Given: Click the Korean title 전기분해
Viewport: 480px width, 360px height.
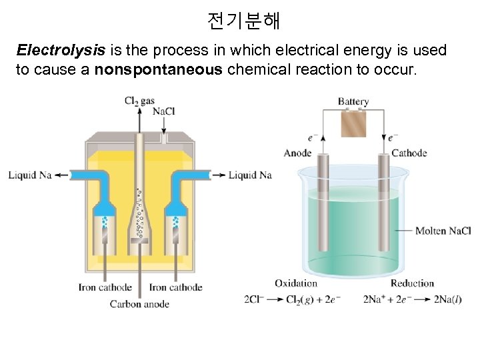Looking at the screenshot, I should click(243, 21).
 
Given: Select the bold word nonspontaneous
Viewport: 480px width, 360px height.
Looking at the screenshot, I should click(159, 70).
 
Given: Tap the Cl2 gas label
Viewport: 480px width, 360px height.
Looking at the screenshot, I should click(139, 101).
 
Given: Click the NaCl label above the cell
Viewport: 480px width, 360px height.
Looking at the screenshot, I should click(164, 111).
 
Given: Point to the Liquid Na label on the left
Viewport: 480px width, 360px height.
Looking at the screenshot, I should click(30, 175).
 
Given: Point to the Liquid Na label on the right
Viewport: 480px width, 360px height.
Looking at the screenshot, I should click(250, 175).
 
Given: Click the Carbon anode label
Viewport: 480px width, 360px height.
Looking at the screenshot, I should click(139, 304).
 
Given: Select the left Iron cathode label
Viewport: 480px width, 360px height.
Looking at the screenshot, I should click(105, 288).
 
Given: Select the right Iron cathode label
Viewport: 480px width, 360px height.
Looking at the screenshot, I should click(175, 288).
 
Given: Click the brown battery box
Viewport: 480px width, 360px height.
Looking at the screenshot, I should click(353, 123).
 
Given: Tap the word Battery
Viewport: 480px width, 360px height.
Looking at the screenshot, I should click(353, 102).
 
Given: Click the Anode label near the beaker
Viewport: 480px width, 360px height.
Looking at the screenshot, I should click(297, 153).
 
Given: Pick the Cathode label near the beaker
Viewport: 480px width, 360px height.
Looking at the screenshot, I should click(409, 153).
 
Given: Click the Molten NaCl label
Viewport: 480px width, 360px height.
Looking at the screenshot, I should click(443, 231).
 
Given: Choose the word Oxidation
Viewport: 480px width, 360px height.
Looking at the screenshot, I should click(296, 283).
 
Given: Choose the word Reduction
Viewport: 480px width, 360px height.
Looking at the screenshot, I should click(412, 283).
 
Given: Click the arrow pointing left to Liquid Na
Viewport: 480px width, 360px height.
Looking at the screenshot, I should click(61, 175).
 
